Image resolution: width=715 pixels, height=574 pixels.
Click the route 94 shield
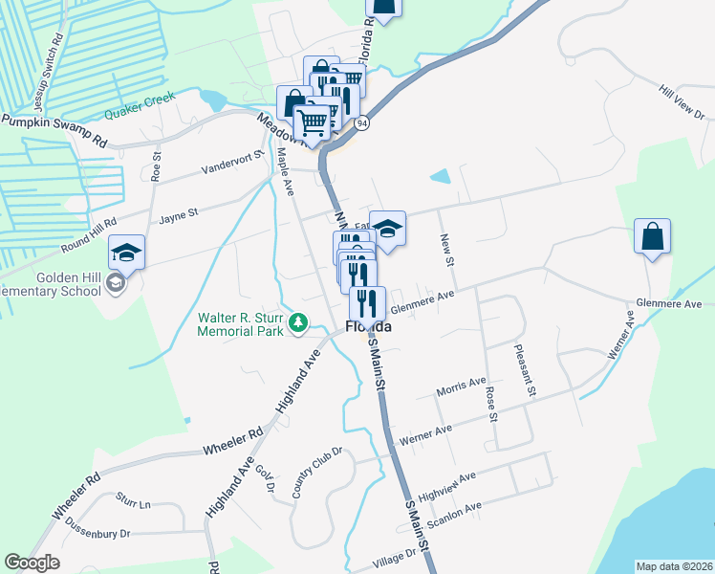click(x=360, y=124)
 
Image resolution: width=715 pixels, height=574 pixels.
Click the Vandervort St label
click(x=232, y=164)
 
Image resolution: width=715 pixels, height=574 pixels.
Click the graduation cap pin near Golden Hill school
click(x=126, y=252)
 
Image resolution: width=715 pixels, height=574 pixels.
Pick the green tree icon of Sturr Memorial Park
click(x=300, y=324)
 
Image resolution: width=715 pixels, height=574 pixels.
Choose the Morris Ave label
click(x=461, y=386)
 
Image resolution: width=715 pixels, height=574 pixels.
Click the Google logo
click(x=32, y=563)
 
